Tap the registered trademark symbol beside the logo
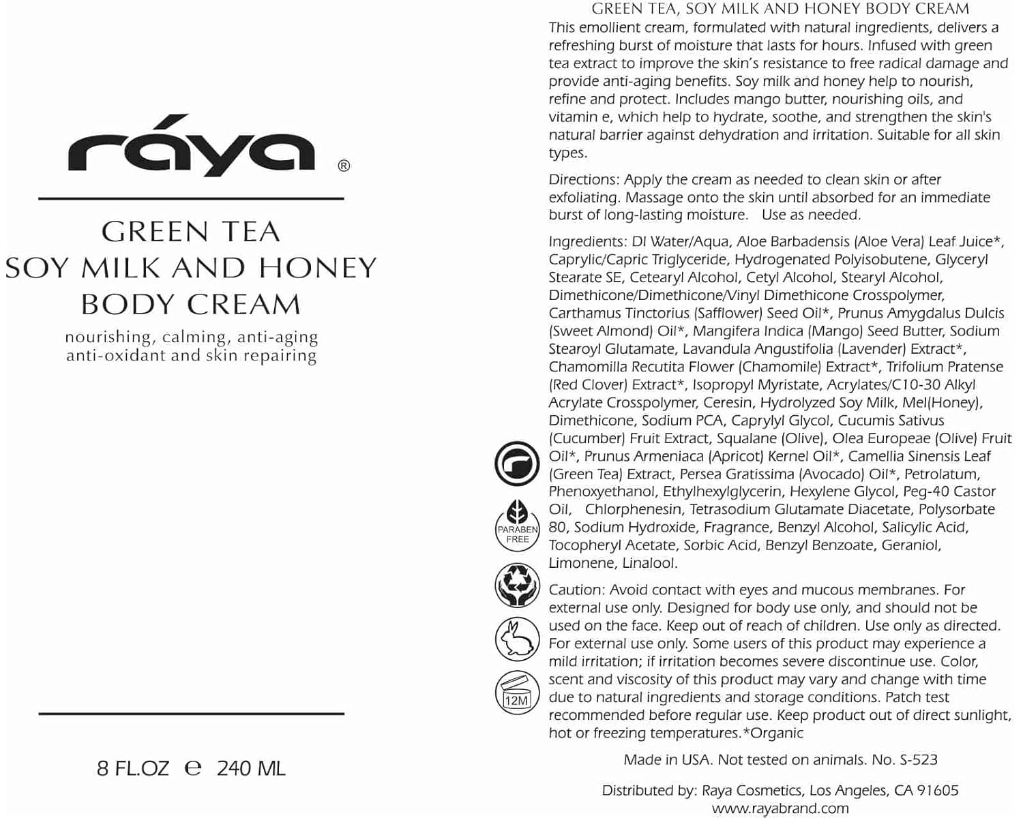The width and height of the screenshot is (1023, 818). pyautogui.click(x=344, y=166)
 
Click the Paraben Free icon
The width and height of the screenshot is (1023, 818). pyautogui.click(x=517, y=524)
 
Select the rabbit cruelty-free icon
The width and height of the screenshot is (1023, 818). pyautogui.click(x=517, y=639)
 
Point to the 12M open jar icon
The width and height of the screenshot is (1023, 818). pyautogui.click(x=517, y=693)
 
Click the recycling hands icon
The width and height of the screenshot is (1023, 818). pyautogui.click(x=517, y=585)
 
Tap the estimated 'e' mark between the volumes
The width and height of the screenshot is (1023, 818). pyautogui.click(x=193, y=768)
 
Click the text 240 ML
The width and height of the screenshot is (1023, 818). pyautogui.click(x=251, y=768)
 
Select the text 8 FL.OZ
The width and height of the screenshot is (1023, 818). pyautogui.click(x=133, y=768)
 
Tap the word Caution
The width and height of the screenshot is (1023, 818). pyautogui.click(x=576, y=590)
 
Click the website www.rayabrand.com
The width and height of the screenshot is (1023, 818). pyautogui.click(x=780, y=808)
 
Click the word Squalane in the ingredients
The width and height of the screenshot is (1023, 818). pyautogui.click(x=746, y=438)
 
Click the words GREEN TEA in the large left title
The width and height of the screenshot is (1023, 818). pyautogui.click(x=191, y=232)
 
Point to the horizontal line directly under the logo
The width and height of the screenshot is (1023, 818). pyautogui.click(x=191, y=198)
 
